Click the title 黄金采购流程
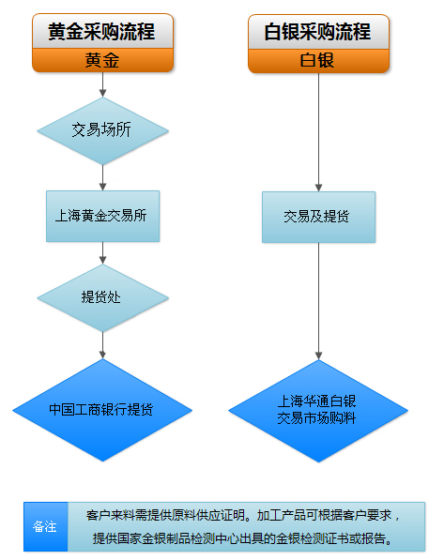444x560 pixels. pyautogui.click(x=101, y=32)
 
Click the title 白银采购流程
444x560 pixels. pyautogui.click(x=317, y=32)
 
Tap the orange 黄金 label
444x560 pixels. pyautogui.click(x=102, y=60)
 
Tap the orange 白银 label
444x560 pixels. pyautogui.click(x=318, y=61)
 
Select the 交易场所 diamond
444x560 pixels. pyautogui.click(x=102, y=131)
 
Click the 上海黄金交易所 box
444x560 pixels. pyautogui.click(x=102, y=216)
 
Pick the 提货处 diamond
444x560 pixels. pyautogui.click(x=102, y=298)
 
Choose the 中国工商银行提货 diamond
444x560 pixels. pyautogui.click(x=102, y=410)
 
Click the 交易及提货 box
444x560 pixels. pyautogui.click(x=318, y=217)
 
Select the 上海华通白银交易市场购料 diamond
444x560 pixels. pyautogui.click(x=318, y=411)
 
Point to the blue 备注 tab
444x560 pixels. pyautogui.click(x=45, y=526)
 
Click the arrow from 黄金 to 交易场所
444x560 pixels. pyautogui.click(x=102, y=84)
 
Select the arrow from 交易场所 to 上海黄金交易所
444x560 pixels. pyautogui.click(x=102, y=178)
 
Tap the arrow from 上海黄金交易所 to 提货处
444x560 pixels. pyautogui.click(x=102, y=253)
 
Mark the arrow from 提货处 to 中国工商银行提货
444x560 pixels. pyautogui.click(x=102, y=345)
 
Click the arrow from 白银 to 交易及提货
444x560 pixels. pyautogui.click(x=318, y=132)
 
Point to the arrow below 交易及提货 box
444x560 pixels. pyautogui.click(x=318, y=301)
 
